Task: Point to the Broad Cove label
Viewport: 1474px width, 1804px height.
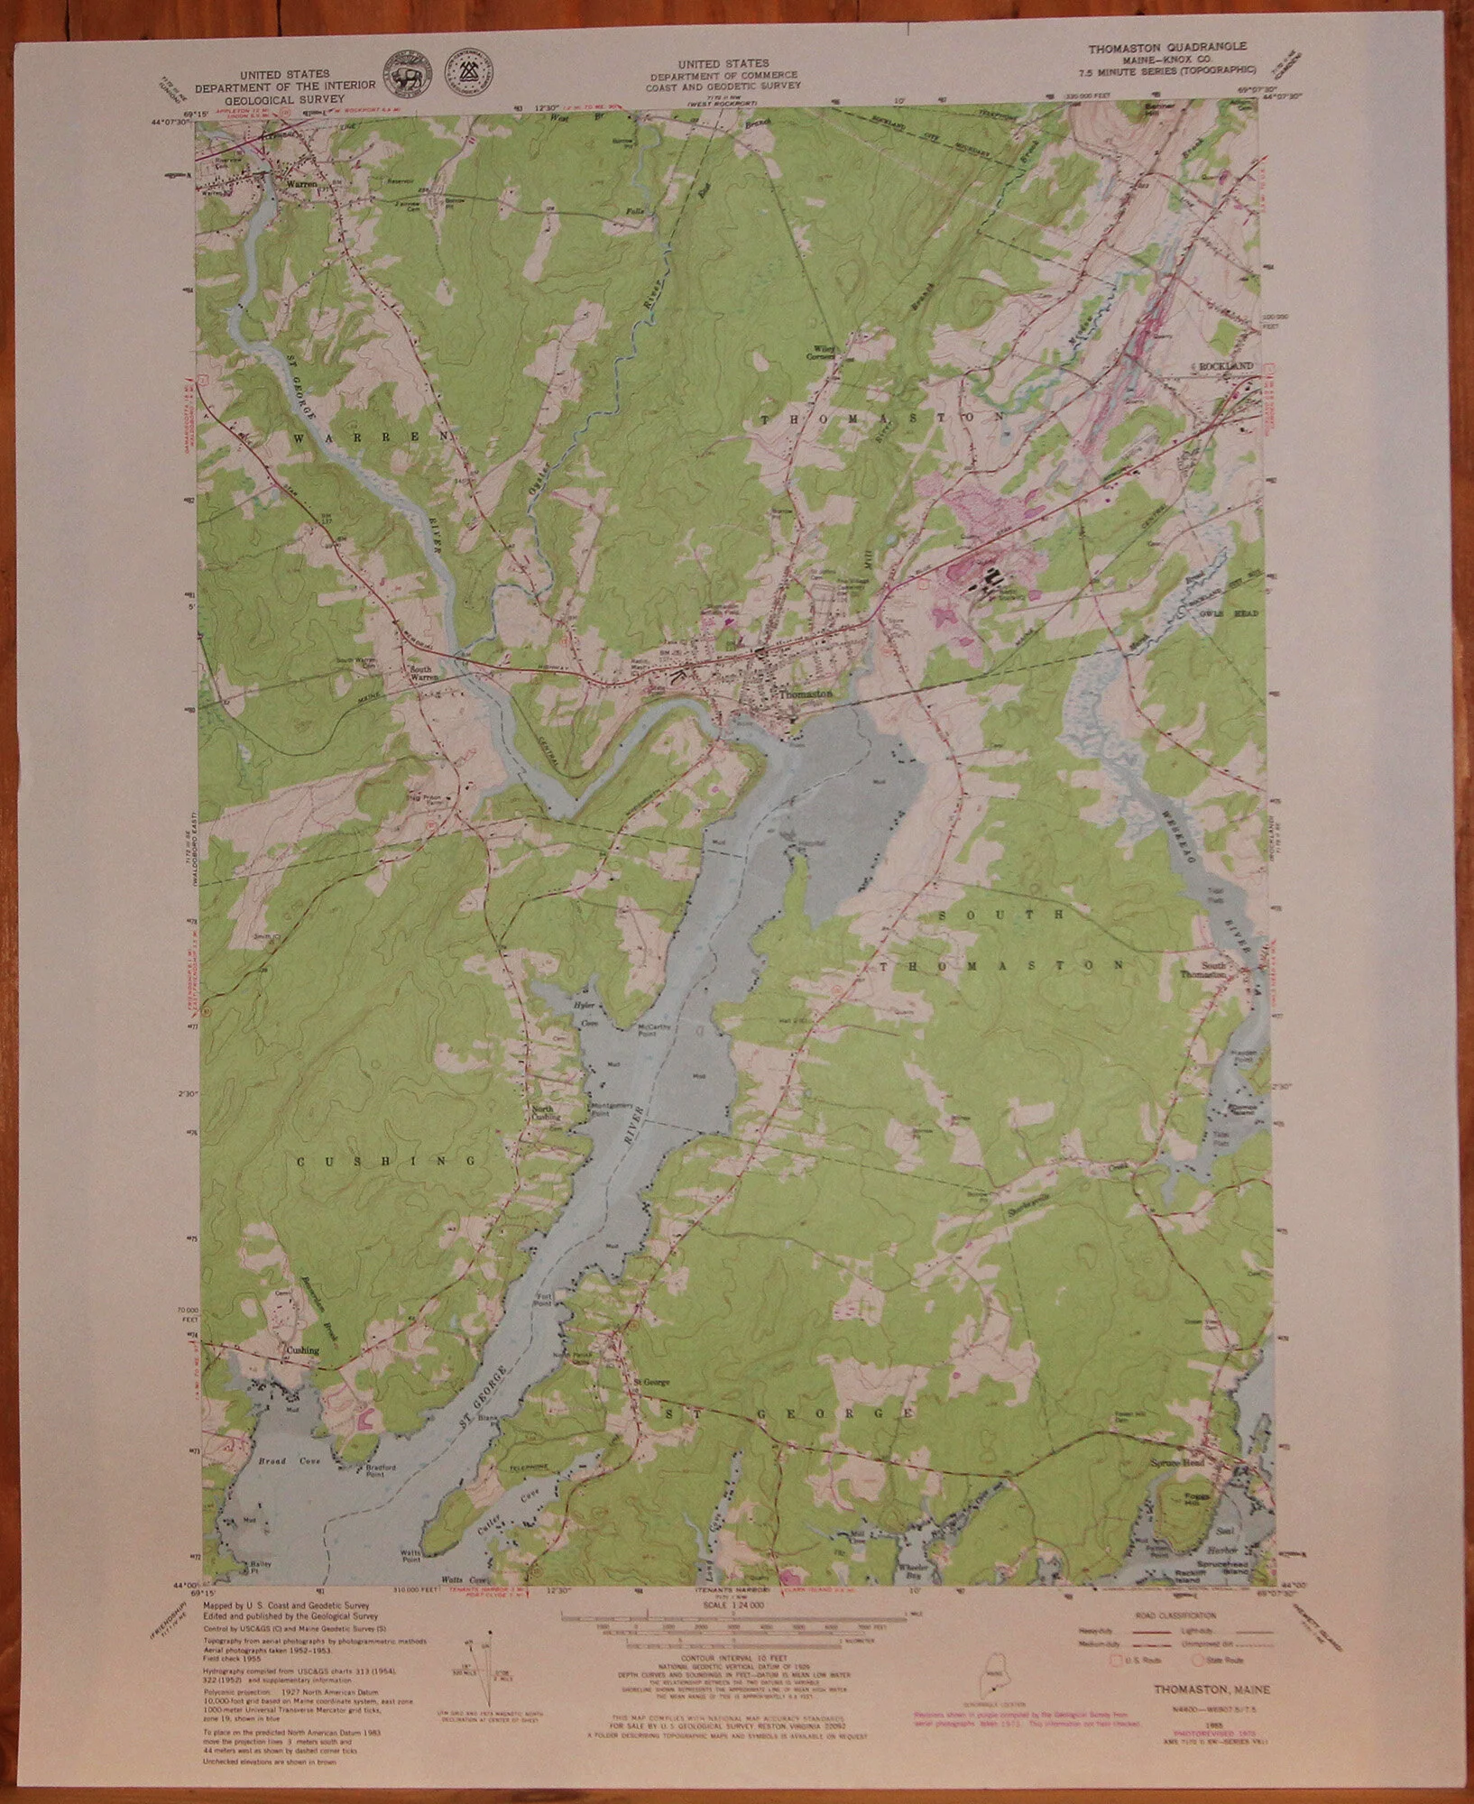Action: coord(271,1460)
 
